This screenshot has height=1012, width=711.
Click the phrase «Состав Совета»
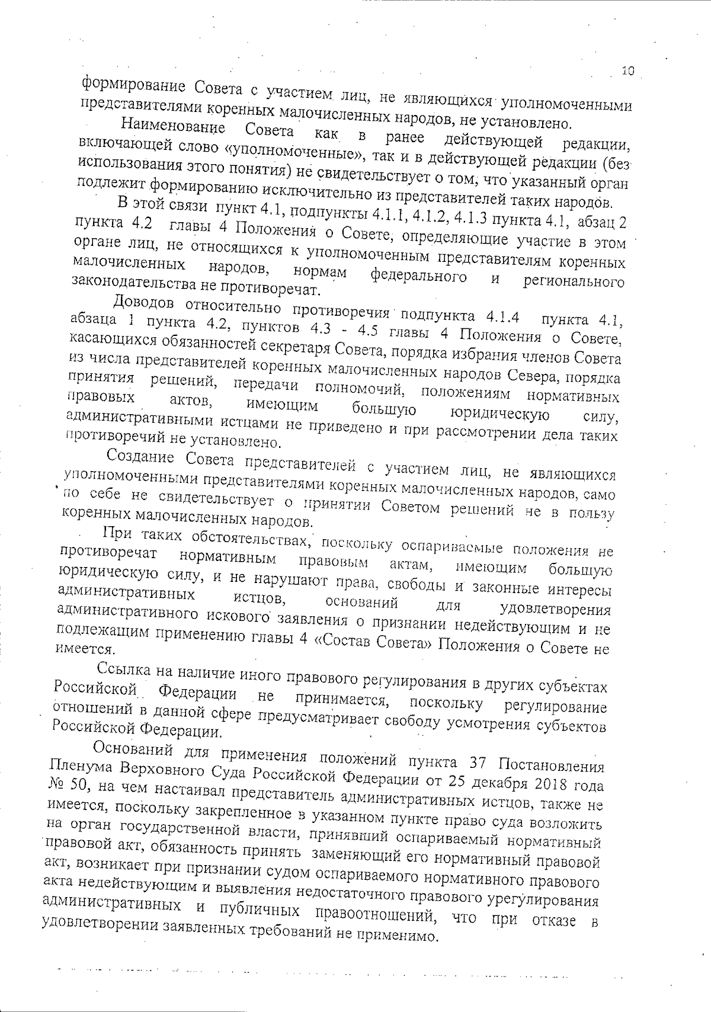pyautogui.click(x=375, y=642)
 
